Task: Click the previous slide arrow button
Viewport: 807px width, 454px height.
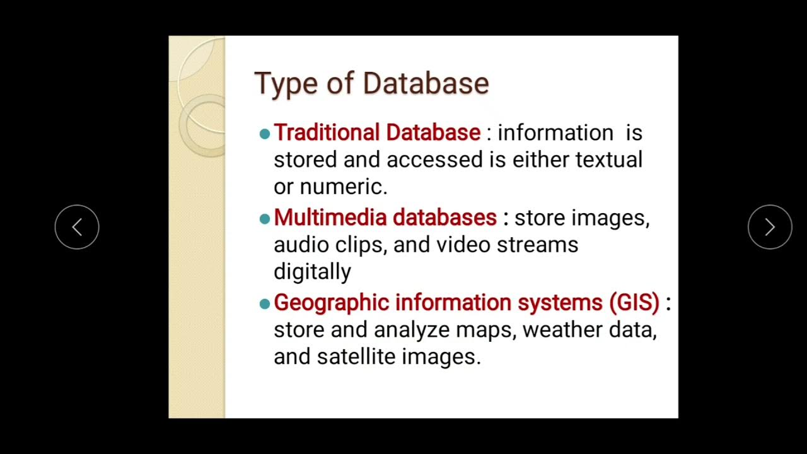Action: coord(77,227)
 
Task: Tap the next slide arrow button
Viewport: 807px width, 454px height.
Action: coord(770,227)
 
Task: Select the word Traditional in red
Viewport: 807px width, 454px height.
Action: coord(327,132)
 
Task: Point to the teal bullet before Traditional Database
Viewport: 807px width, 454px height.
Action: coord(265,134)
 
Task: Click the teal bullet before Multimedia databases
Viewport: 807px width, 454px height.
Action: coord(265,219)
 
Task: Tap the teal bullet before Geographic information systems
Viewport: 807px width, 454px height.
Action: coord(265,304)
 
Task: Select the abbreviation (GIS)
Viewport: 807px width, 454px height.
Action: coord(634,303)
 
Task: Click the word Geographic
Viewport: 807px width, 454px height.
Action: coord(332,303)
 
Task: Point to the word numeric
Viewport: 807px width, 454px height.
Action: coord(343,187)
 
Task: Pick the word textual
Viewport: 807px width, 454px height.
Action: coord(608,160)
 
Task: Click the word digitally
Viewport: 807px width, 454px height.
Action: coord(312,272)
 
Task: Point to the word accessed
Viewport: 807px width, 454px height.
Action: coord(434,160)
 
